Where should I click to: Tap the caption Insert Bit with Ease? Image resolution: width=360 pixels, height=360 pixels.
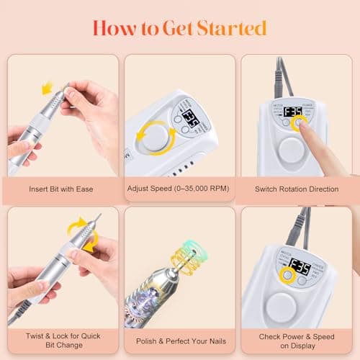point(61,189)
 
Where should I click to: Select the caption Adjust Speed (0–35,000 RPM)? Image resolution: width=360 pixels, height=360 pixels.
point(179,189)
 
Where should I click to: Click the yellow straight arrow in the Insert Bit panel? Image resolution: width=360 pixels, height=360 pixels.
point(47,89)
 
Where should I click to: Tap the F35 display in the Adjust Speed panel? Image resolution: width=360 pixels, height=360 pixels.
point(191,117)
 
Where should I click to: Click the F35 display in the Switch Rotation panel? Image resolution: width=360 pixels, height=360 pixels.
point(293,112)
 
